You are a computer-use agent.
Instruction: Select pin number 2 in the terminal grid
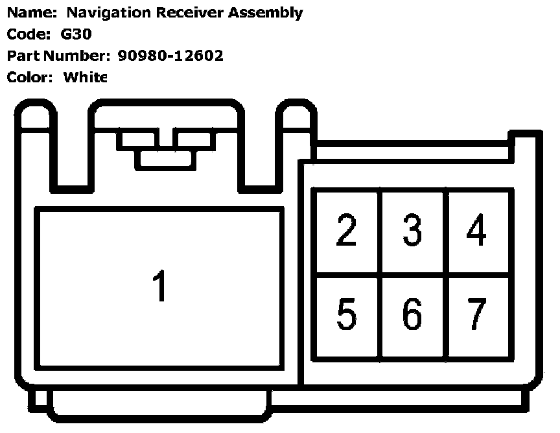coord(347,230)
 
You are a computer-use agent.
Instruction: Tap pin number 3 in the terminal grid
coord(412,230)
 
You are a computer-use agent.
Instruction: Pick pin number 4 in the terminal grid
coord(477,230)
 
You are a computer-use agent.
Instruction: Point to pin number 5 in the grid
coord(347,314)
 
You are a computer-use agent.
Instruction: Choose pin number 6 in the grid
coord(412,314)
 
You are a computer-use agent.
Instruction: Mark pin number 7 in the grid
coord(477,314)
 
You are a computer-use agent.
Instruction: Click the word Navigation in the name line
coord(103,12)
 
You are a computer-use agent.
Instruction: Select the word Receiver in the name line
coord(183,12)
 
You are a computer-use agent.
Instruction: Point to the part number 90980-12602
coord(170,55)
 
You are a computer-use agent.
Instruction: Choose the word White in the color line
coord(84,76)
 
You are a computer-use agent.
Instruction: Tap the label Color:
coord(29,76)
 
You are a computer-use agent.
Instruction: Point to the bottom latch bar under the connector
coord(159,406)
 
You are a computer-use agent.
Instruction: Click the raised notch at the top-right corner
coord(524,140)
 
